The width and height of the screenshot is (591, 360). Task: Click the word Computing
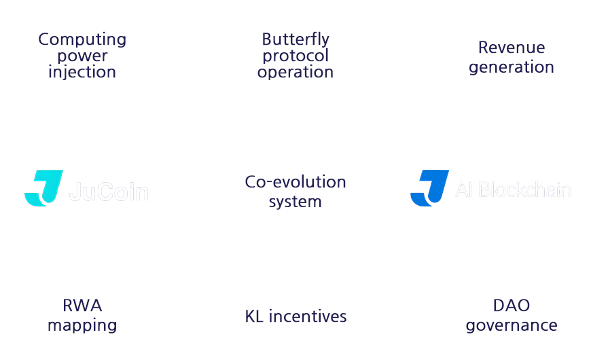point(82,39)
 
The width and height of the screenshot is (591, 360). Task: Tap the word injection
point(82,72)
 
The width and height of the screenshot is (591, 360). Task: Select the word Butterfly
point(295,39)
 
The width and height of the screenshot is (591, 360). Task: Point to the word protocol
point(295,56)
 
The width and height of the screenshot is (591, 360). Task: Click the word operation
point(295,72)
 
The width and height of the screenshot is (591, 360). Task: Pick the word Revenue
point(512,48)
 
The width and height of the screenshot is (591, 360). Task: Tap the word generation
point(512,67)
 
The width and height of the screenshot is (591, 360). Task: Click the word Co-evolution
point(295,182)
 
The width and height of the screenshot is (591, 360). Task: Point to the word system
point(295,202)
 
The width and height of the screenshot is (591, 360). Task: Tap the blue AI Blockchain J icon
point(429,188)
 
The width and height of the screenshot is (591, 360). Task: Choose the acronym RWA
point(82,306)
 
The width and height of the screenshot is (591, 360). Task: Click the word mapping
point(82,325)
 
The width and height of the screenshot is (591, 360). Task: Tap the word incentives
point(308,317)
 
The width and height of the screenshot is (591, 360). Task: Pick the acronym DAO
point(512,306)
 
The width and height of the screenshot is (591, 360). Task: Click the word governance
point(512,325)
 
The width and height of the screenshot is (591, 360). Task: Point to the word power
point(82,56)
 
